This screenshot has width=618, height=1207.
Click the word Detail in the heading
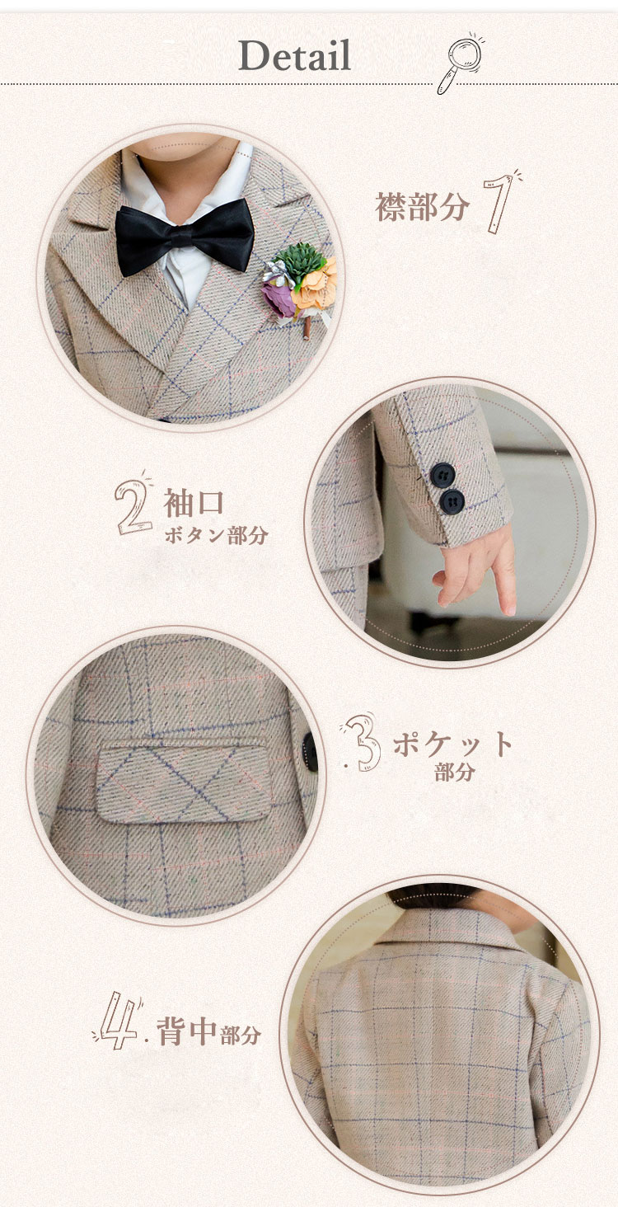tap(294, 55)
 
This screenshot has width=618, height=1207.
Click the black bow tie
tap(185, 237)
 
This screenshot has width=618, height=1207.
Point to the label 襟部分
tap(422, 206)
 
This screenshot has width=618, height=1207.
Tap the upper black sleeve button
tap(442, 475)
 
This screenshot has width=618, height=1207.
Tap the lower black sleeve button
tap(452, 501)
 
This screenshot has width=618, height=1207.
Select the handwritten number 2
tap(131, 507)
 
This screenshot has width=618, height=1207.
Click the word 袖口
tap(194, 502)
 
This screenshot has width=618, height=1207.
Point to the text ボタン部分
tap(216, 536)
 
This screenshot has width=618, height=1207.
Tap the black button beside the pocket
tap(310, 752)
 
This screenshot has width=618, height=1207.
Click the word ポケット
tap(452, 744)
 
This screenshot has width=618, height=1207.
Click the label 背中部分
tap(208, 1032)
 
